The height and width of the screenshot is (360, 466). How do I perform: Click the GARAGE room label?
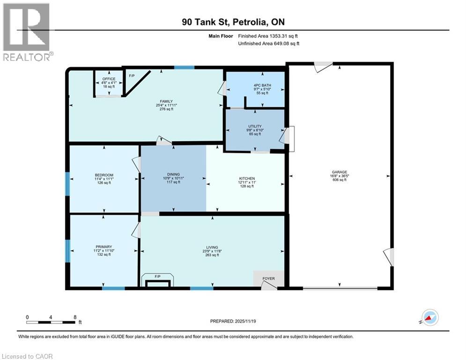[340, 172]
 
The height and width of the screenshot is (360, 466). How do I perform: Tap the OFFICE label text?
[109, 79]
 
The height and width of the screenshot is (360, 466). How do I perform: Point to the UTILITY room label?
[255, 127]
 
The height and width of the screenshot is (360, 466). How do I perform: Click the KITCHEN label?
[247, 179]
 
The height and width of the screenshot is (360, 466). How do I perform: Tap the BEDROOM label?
[104, 175]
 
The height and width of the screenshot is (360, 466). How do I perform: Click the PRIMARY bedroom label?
[104, 247]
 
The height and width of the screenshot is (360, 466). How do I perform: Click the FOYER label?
[268, 279]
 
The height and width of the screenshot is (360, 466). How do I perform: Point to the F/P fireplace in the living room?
[157, 277]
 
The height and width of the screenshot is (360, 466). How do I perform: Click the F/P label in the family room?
[132, 75]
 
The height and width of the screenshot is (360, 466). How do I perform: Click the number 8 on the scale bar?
[75, 316]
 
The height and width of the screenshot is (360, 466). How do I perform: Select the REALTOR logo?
[27, 32]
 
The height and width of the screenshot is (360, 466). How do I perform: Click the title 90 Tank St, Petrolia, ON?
[233, 22]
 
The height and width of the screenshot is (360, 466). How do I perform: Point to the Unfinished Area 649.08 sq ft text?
[269, 43]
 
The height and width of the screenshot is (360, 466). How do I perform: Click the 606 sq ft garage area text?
[340, 180]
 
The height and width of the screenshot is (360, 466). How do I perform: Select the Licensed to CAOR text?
[27, 356]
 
